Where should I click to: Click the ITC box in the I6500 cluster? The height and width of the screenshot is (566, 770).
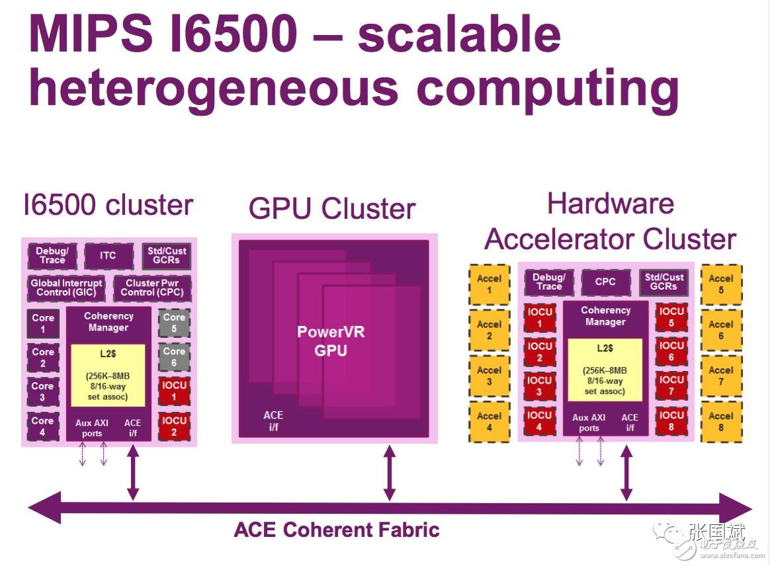108,256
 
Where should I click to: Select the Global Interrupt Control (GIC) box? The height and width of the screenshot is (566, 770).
66,288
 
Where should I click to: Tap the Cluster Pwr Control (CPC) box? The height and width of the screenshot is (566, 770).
152,288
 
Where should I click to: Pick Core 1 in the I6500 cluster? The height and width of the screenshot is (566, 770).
43,323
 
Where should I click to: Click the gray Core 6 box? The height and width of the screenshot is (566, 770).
174,357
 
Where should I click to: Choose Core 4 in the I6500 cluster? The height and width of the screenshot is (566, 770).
43,426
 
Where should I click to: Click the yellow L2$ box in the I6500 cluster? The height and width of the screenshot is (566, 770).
108,375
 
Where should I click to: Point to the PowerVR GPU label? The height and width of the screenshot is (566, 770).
331,341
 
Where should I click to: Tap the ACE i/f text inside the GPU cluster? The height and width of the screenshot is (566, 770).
273,421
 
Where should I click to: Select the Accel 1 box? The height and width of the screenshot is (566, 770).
489,284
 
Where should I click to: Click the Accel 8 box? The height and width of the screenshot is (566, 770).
721,422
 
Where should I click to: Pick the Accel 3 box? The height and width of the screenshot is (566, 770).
489,376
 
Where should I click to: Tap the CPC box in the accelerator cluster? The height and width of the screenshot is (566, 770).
605,282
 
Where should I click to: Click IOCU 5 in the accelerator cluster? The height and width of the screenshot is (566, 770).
671,317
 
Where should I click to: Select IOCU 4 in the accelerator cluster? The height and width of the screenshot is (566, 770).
539,421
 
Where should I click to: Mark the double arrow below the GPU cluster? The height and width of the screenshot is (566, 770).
390,473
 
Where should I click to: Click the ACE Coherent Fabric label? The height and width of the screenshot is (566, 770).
337,530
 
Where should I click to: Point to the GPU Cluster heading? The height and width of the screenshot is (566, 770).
332,209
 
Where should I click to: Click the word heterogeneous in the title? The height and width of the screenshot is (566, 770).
214,89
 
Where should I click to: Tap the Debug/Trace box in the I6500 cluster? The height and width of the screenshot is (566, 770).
52,256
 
